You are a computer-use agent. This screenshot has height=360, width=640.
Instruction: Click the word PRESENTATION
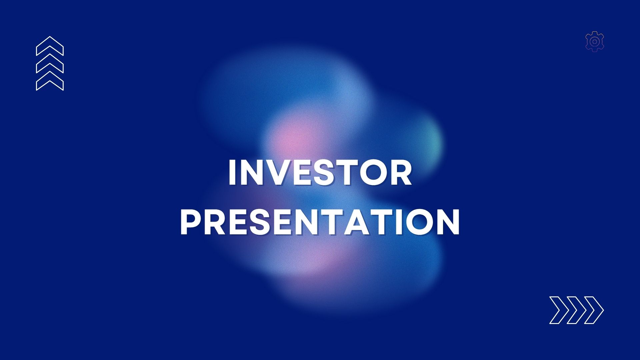tap(320, 222)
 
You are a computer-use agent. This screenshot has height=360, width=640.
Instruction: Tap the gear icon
tap(595, 41)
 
